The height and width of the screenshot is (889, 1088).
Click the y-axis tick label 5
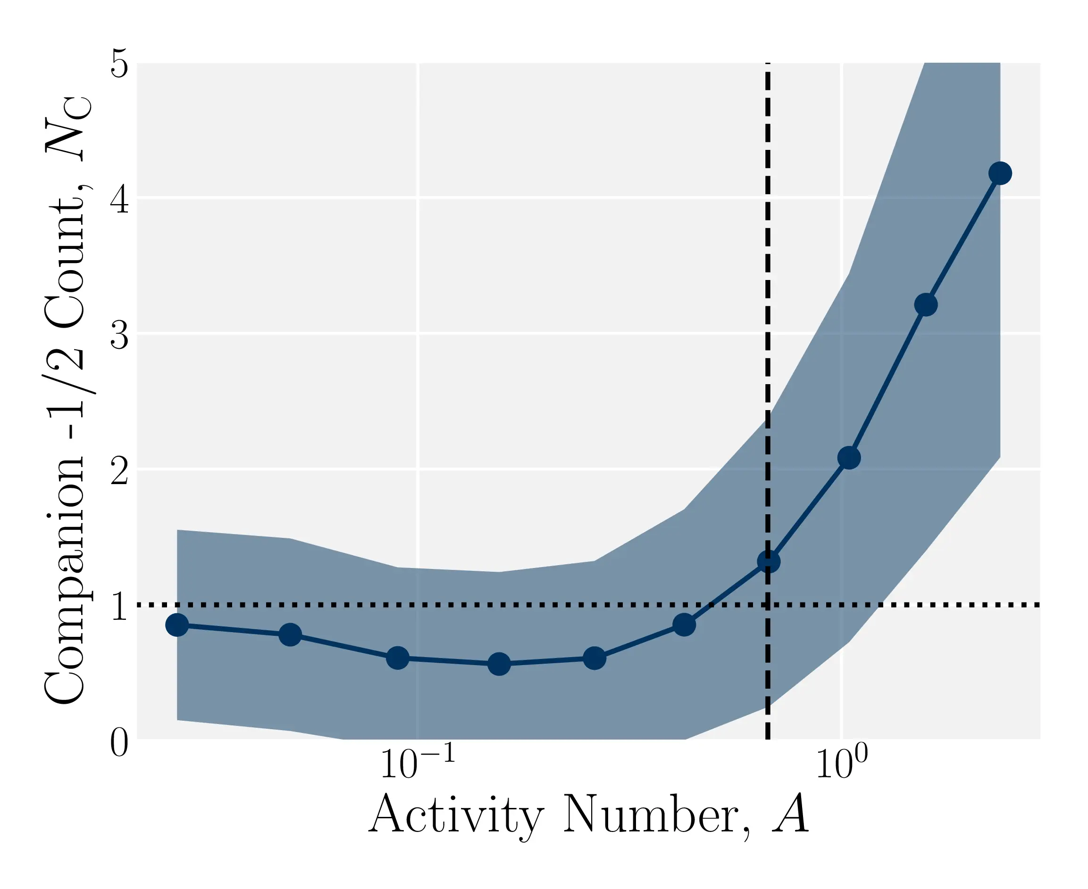[x=119, y=64]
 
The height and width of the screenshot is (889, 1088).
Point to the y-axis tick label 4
[x=119, y=199]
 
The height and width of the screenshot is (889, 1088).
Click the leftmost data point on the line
[x=177, y=625]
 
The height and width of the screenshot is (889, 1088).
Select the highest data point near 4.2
[x=1000, y=173]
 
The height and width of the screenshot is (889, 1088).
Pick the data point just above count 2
[x=849, y=457]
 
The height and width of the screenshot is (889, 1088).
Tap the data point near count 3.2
[x=926, y=305]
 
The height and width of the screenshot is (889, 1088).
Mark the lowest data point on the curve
[x=499, y=664]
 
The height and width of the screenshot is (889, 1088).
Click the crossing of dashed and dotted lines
[x=768, y=605]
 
